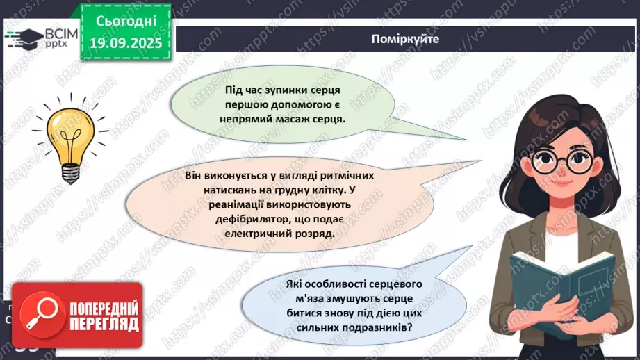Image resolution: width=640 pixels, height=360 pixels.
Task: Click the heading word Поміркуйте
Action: click(405, 40)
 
